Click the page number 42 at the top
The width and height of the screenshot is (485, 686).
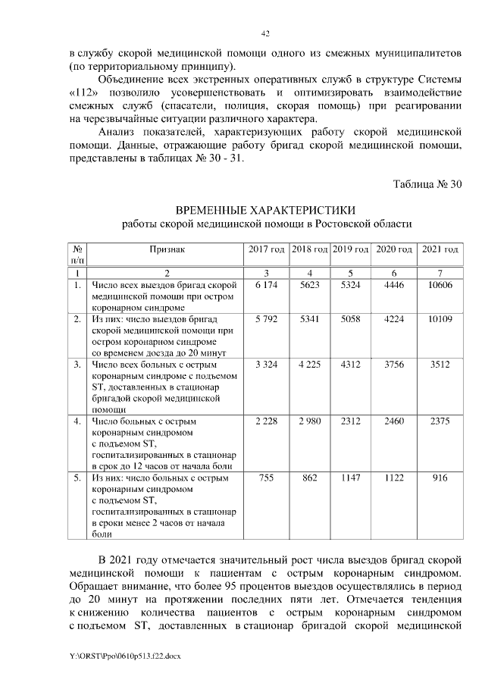click(265, 33)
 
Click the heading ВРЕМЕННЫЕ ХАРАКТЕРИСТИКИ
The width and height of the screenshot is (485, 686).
click(265, 209)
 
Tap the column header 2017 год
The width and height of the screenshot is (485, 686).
click(266, 249)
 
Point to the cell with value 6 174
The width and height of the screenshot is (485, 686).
click(266, 285)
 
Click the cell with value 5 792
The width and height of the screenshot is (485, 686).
click(266, 320)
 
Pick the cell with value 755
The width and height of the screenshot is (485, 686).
click(266, 478)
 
